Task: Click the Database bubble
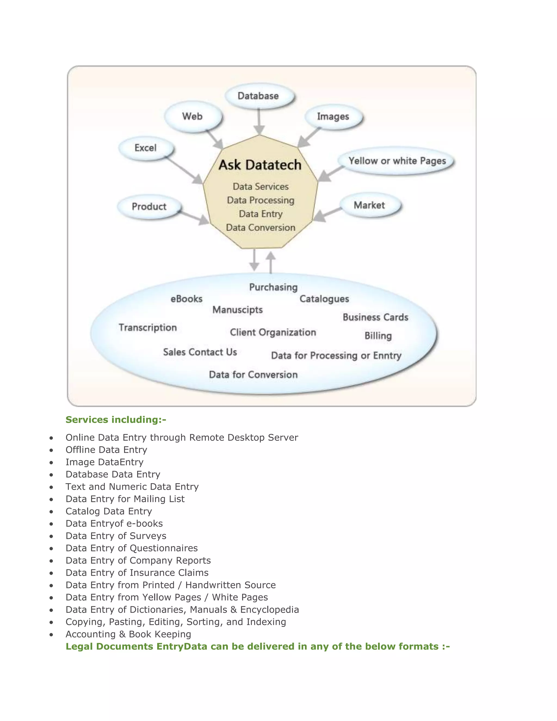(x=259, y=96)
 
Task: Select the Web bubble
(x=193, y=116)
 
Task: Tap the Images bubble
(x=333, y=116)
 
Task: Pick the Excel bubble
(x=146, y=148)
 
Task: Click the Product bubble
(x=149, y=207)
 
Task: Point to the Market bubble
(x=370, y=205)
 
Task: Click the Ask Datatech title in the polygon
(x=260, y=165)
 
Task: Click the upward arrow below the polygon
(x=271, y=263)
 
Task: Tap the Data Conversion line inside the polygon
(x=260, y=227)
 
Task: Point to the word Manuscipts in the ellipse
(x=238, y=310)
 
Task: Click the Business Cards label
(x=376, y=317)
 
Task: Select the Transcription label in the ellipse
(x=148, y=328)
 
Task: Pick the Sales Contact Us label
(x=200, y=352)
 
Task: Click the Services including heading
(x=116, y=420)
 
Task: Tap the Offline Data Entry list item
(x=106, y=450)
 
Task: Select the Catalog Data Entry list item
(x=109, y=511)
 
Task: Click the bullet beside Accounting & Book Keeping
(x=51, y=634)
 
